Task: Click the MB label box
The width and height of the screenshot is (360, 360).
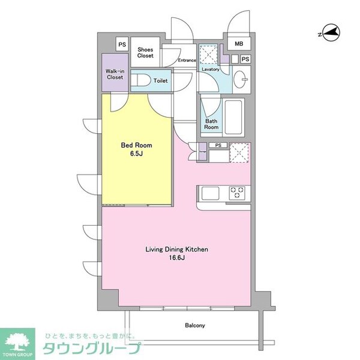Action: coord(239,44)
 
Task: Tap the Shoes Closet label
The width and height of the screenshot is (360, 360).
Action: coord(146,52)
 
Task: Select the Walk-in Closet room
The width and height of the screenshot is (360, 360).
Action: coord(115,74)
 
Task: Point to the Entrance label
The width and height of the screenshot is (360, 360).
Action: coord(187,60)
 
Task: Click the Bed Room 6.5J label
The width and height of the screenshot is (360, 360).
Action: coord(137,149)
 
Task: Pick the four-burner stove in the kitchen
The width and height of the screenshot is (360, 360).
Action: coord(238,193)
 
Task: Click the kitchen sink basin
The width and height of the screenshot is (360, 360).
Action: coord(211,193)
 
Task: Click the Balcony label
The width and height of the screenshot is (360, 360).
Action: coord(195,326)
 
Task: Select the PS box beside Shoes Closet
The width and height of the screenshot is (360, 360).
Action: coord(122,44)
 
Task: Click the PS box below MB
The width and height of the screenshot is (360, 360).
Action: coord(245,59)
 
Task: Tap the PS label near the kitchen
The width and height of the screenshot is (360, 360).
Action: coord(218,146)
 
